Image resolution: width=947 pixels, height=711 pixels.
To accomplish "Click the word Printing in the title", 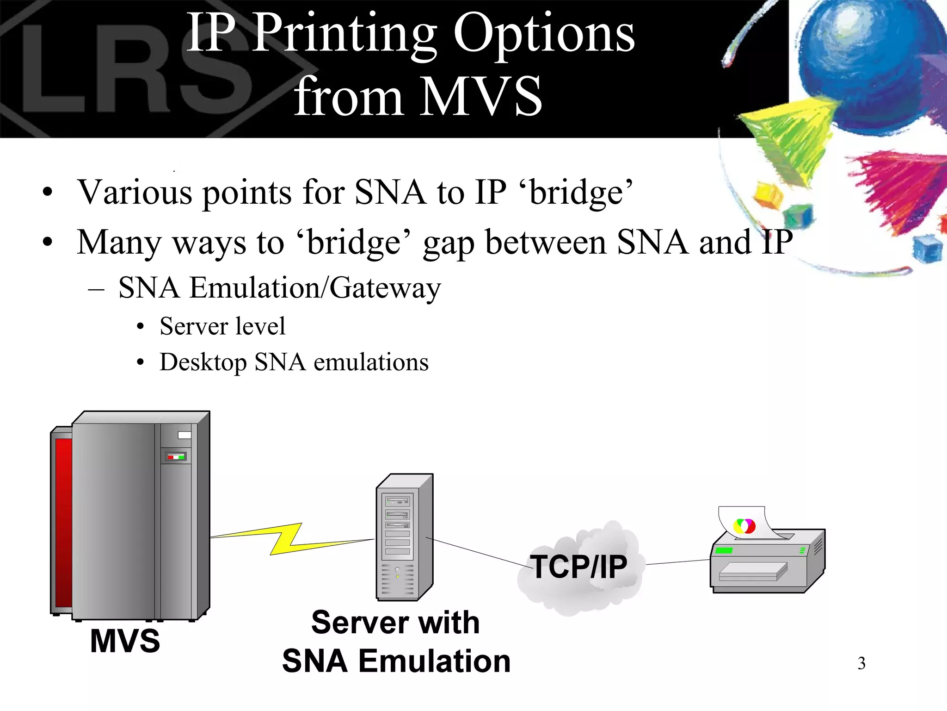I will [344, 35].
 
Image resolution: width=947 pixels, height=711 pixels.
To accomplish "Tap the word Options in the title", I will [544, 35].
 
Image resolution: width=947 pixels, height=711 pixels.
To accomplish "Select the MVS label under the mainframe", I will [125, 641].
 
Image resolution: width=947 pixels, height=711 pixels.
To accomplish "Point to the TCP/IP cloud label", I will [579, 567].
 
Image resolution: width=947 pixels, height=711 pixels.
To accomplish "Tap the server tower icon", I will [404, 537].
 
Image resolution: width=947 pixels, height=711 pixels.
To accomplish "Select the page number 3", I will [861, 663].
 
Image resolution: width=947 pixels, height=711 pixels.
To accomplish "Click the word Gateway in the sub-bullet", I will [385, 288].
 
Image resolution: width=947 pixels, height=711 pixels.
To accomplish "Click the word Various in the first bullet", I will [135, 192].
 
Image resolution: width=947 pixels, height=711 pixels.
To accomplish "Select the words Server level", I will [222, 326].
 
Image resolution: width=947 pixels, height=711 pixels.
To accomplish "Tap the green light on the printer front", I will [724, 550].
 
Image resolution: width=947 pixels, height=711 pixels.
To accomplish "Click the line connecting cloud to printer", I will [677, 562].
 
